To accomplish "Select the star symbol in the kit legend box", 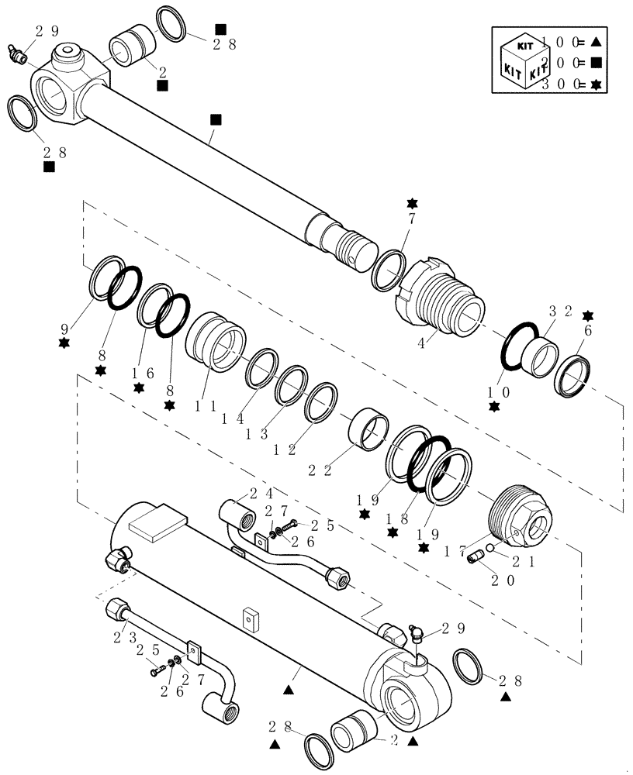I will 596,84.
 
